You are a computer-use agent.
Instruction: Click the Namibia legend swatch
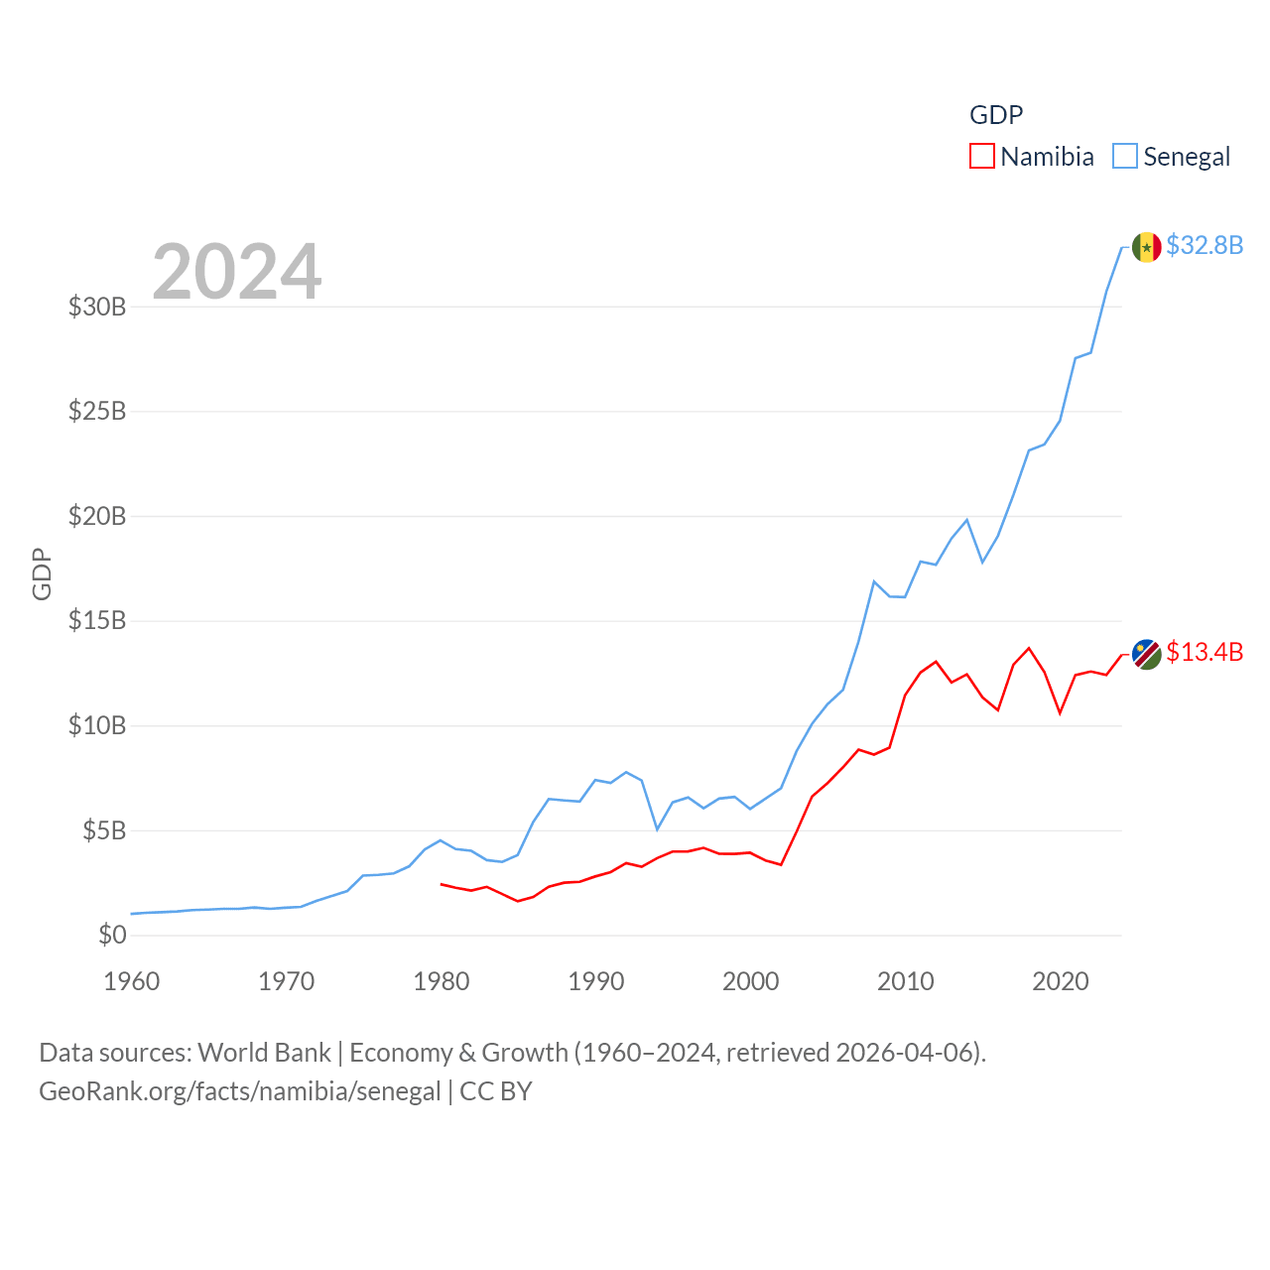point(982,156)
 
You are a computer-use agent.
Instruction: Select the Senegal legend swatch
point(1125,156)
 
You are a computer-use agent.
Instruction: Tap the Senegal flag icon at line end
point(1146,247)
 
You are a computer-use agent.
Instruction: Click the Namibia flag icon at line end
point(1146,654)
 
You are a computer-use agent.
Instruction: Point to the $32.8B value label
point(1205,245)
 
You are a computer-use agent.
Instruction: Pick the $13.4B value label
point(1205,652)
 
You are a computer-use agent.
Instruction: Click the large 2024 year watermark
point(237,271)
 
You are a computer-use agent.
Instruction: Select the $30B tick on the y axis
point(97,307)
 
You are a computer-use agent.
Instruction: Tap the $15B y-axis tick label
point(97,621)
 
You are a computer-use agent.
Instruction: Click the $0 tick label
point(112,935)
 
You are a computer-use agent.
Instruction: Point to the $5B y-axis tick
point(104,830)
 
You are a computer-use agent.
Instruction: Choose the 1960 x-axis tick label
point(132,981)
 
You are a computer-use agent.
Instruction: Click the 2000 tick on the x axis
point(751,981)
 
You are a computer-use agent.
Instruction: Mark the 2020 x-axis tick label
point(1061,981)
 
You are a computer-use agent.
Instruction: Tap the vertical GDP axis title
point(42,573)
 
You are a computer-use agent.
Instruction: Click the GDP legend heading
point(996,115)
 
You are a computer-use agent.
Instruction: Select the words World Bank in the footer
point(265,1052)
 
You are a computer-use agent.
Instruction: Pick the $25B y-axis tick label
point(97,411)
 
